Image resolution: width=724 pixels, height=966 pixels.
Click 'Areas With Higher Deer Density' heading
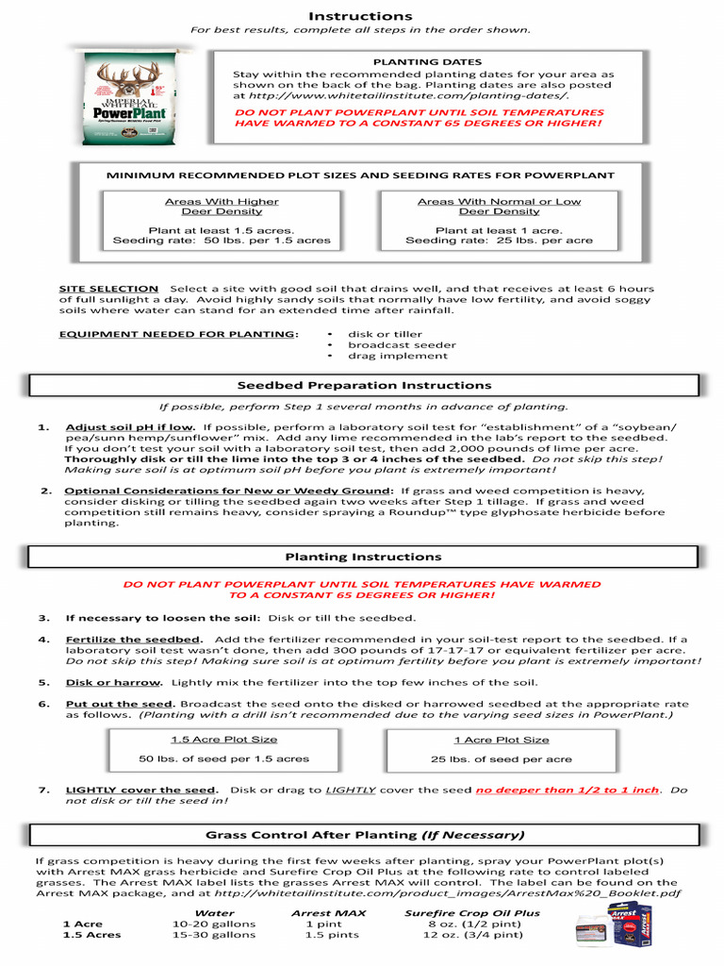(222, 207)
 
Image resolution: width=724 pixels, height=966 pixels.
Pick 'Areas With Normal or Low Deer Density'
(499, 207)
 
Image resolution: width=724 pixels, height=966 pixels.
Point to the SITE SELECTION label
(108, 289)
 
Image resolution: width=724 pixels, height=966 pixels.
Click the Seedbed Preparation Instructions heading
(364, 386)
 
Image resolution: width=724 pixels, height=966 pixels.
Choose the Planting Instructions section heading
(363, 557)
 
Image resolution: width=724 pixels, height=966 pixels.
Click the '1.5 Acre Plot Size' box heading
(223, 740)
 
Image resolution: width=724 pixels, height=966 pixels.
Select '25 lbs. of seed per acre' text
(501, 759)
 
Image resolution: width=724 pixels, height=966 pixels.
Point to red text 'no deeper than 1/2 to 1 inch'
(568, 790)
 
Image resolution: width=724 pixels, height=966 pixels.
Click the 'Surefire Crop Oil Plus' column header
(471, 913)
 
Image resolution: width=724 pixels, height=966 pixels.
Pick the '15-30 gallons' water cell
(214, 935)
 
